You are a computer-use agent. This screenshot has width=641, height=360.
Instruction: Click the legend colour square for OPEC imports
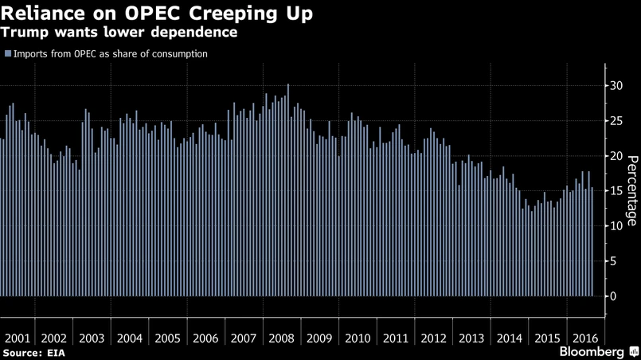(x=8, y=54)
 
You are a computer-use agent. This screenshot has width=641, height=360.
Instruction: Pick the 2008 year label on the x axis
(x=280, y=338)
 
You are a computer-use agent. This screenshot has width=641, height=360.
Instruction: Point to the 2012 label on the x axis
(x=432, y=338)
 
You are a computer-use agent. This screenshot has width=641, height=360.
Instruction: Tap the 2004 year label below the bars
(x=130, y=338)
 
